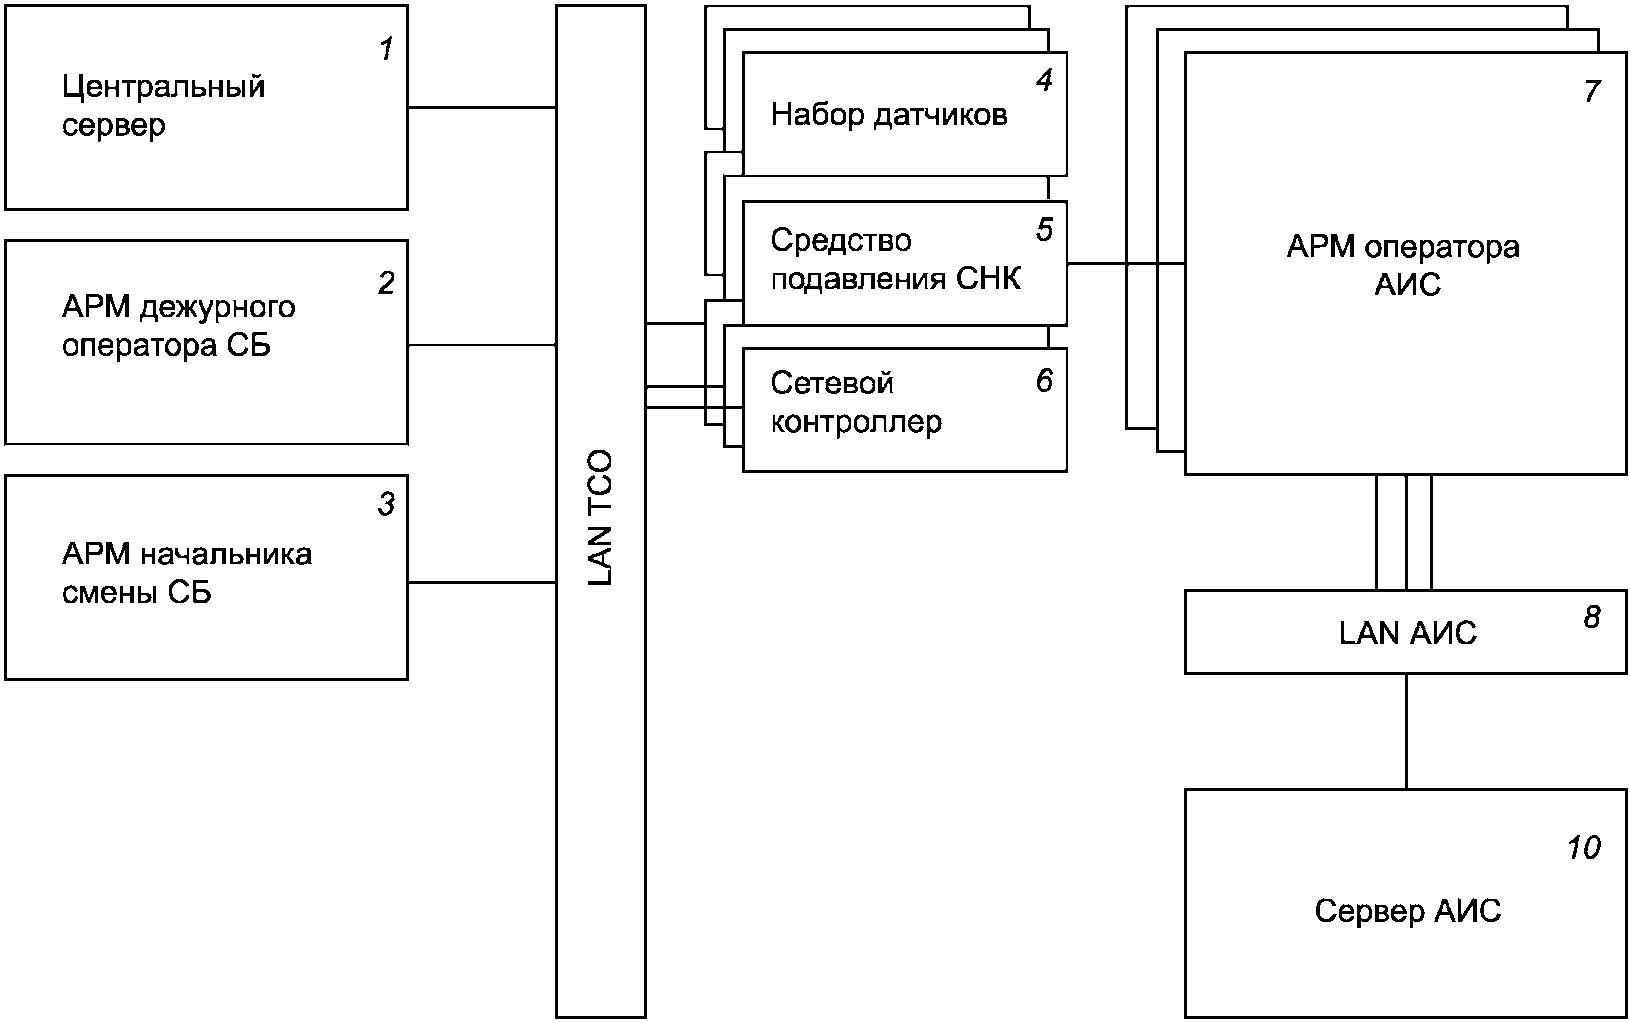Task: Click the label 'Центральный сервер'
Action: point(164,106)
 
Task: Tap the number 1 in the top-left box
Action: point(386,49)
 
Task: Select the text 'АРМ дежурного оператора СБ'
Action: point(179,327)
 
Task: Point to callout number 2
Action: point(386,282)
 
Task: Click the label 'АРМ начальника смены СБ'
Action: point(187,574)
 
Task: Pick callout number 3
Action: point(386,503)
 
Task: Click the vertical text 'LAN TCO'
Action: point(600,517)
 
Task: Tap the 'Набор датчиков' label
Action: point(889,115)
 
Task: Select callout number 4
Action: point(1044,80)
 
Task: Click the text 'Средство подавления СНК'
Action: point(896,260)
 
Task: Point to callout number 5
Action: point(1044,229)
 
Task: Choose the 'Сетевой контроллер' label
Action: point(856,402)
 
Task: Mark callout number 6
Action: point(1044,380)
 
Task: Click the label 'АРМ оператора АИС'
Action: point(1404,266)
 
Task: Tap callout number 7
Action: point(1591,91)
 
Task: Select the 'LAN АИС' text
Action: point(1408,633)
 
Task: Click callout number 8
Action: point(1591,617)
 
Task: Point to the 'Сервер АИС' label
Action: point(1408,911)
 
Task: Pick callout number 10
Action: point(1584,848)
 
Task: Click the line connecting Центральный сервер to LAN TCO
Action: point(482,108)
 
